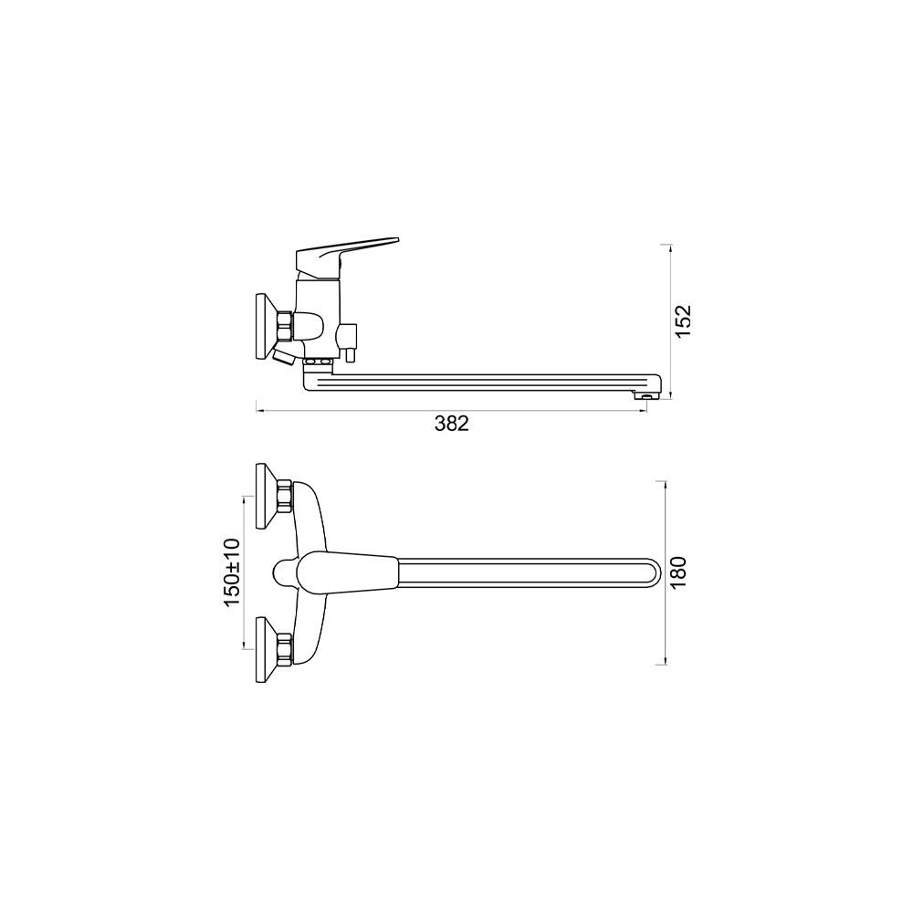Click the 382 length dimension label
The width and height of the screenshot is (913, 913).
click(451, 424)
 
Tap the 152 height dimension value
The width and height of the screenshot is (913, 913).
click(682, 320)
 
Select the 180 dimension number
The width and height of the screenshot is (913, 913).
click(678, 573)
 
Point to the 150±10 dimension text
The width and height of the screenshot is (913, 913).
click(232, 572)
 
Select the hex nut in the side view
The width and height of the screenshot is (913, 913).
click(285, 326)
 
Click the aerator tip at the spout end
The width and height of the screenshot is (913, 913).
click(647, 396)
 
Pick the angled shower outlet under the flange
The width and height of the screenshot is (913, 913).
click(284, 355)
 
